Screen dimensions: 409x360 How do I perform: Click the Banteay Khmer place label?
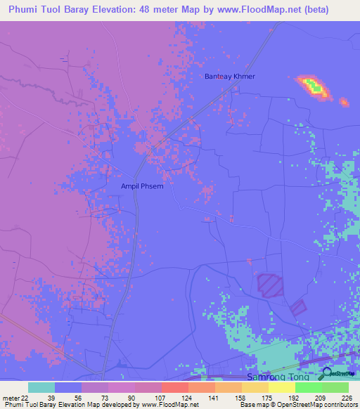pyautogui.click(x=229, y=76)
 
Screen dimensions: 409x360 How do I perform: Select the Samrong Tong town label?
pyautogui.click(x=277, y=377)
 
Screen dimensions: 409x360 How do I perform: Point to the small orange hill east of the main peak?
pyautogui.click(x=344, y=103)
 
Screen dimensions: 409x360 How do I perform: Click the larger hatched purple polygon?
pyautogui.click(x=269, y=285)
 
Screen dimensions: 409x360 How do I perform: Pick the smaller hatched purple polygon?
pyautogui.click(x=298, y=307)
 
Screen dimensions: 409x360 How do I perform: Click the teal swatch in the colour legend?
pyautogui.click(x=41, y=387)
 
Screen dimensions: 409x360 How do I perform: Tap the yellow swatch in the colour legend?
pyautogui.click(x=282, y=387)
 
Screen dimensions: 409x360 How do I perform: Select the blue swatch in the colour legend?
pyautogui.click(x=68, y=387)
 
